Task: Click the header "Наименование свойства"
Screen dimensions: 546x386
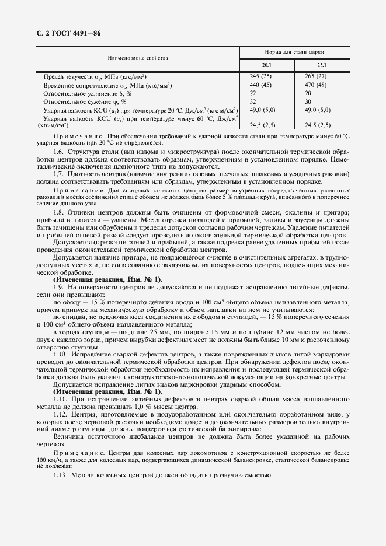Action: [x=138, y=58]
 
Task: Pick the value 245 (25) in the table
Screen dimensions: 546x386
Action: [x=260, y=76]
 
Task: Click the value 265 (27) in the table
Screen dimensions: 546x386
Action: [x=316, y=76]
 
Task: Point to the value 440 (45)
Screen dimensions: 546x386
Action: [x=260, y=85]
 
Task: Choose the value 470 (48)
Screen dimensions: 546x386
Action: [x=316, y=85]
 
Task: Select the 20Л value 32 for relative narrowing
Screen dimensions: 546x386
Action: [x=253, y=101]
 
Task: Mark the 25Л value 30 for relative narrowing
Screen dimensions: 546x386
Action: [x=308, y=101]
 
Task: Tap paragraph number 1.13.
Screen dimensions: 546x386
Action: [x=60, y=475]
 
